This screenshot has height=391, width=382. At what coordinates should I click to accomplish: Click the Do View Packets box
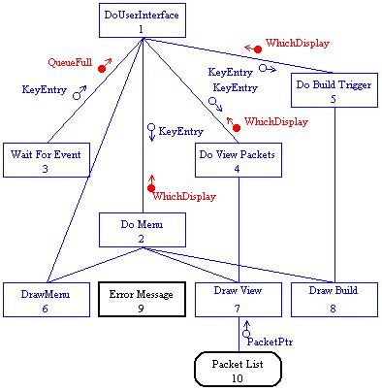238,160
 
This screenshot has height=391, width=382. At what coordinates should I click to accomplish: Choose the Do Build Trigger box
334,90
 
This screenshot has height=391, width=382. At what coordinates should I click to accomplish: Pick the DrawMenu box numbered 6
45,300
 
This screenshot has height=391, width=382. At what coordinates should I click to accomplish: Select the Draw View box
238,300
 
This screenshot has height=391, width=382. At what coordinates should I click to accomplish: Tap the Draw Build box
334,300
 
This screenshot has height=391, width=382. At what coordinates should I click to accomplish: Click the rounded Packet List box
238,370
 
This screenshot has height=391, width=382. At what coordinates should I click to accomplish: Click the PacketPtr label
271,341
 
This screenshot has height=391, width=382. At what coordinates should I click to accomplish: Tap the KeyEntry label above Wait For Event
45,89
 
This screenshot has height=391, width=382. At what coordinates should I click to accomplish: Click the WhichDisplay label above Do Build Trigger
299,43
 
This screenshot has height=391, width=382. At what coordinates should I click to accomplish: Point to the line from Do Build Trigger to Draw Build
334,194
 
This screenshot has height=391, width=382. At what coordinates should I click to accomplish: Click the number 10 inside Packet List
238,376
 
